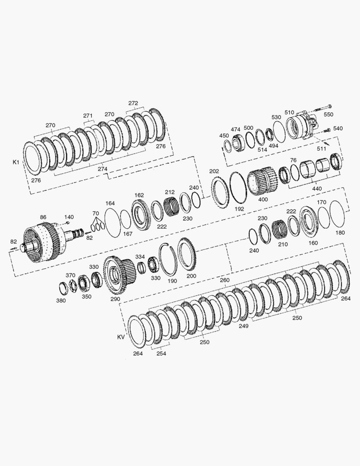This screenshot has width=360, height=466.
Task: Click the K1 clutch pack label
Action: [16, 162]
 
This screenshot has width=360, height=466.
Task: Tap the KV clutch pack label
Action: [121, 337]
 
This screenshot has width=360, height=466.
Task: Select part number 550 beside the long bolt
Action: [328, 114]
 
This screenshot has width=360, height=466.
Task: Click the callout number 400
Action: [263, 199]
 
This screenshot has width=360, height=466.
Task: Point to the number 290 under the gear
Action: [115, 299]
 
